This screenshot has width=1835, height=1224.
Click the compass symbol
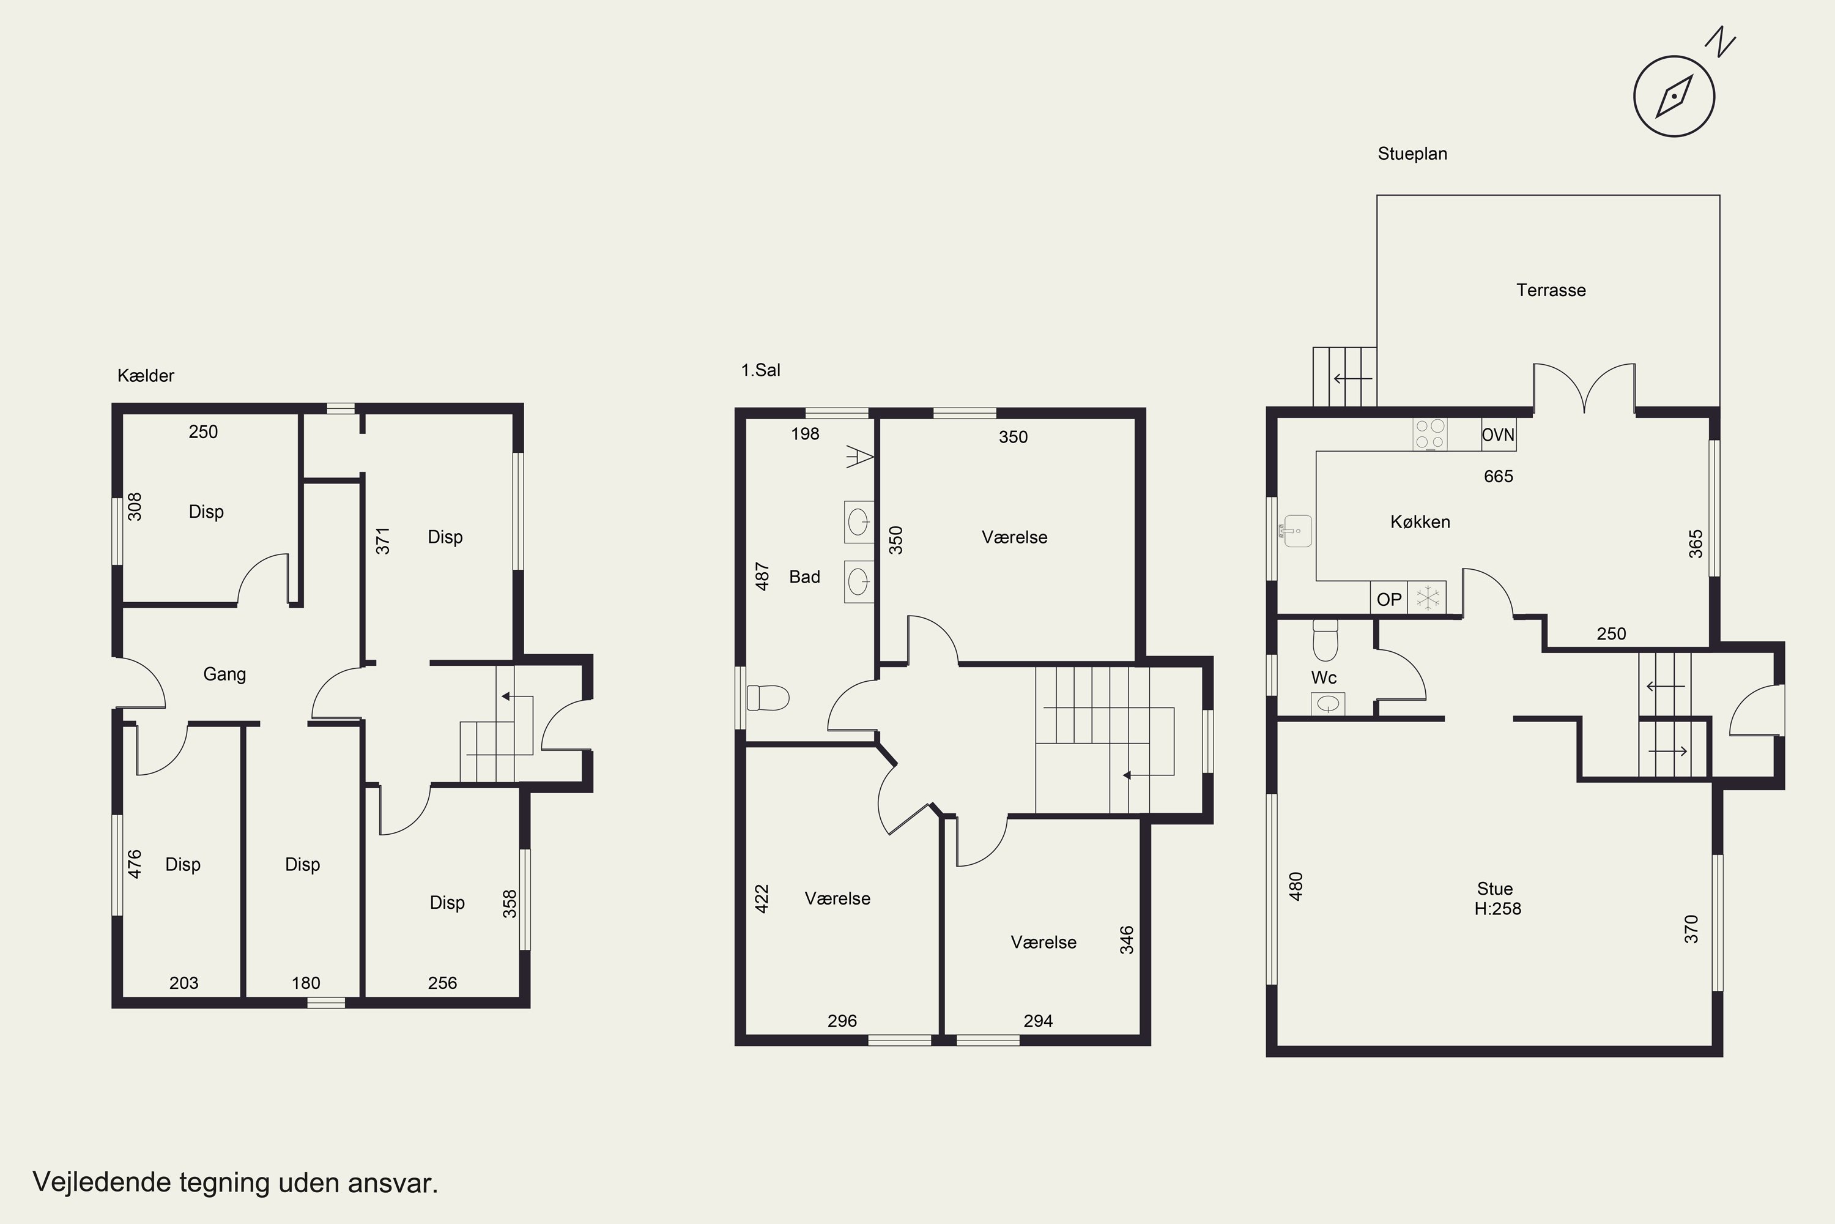1674,96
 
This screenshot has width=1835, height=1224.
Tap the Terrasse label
1551,290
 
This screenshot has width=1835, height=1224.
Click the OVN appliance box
1499,435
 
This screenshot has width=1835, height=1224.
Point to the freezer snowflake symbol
1428,599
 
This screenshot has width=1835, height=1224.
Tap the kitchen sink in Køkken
1296,531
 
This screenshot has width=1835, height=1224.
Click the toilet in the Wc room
1325,640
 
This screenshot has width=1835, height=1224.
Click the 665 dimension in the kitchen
1498,476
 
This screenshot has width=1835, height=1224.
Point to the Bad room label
804,577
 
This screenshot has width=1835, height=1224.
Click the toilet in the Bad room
768,698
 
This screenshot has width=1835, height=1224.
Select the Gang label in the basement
224,674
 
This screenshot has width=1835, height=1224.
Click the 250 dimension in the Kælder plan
203,431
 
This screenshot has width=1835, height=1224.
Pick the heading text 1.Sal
761,370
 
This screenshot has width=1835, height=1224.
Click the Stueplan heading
1412,154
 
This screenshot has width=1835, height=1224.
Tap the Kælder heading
146,376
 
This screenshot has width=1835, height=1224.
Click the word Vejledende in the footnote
102,1182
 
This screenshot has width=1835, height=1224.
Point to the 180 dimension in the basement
306,983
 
